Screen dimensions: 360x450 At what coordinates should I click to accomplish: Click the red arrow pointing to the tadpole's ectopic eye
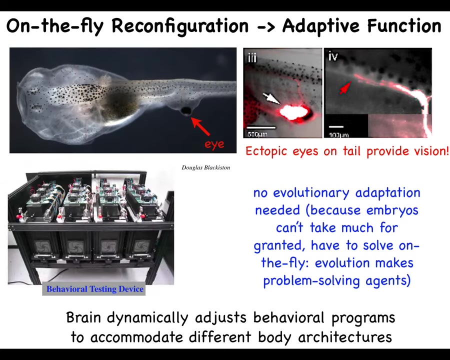pos(200,126)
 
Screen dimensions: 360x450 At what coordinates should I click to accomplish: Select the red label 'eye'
pos(214,144)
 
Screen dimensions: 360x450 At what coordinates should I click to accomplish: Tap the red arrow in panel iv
pos(345,88)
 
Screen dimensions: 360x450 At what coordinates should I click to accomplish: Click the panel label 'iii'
pos(252,57)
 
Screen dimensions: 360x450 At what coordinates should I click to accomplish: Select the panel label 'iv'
pos(333,56)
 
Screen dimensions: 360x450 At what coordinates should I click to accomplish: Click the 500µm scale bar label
pos(257,134)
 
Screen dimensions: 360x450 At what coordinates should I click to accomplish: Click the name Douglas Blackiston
pos(205,167)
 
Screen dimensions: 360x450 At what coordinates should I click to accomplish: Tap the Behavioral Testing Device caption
pos(95,289)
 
